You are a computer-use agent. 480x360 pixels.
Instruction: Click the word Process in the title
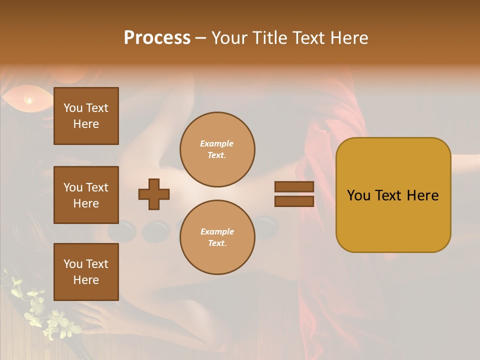coord(157,38)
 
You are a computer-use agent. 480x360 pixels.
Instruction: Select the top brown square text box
coord(86,116)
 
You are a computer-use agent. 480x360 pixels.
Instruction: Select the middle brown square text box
coord(86,195)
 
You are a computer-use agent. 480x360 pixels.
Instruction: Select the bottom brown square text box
coord(86,271)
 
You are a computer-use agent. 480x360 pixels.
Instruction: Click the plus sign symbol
coord(154,194)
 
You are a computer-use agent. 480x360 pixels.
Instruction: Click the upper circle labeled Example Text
coord(217,149)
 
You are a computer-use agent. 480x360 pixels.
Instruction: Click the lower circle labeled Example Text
coord(217,237)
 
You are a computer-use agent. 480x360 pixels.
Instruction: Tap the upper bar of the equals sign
coord(294,186)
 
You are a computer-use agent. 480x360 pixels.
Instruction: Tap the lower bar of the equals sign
coord(294,201)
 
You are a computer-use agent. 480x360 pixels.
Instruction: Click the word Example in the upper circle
coord(216,143)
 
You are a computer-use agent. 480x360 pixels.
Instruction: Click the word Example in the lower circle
coord(216,231)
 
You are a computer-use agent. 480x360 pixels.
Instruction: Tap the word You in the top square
coord(72,108)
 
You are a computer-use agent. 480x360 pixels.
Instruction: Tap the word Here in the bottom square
coord(86,280)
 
